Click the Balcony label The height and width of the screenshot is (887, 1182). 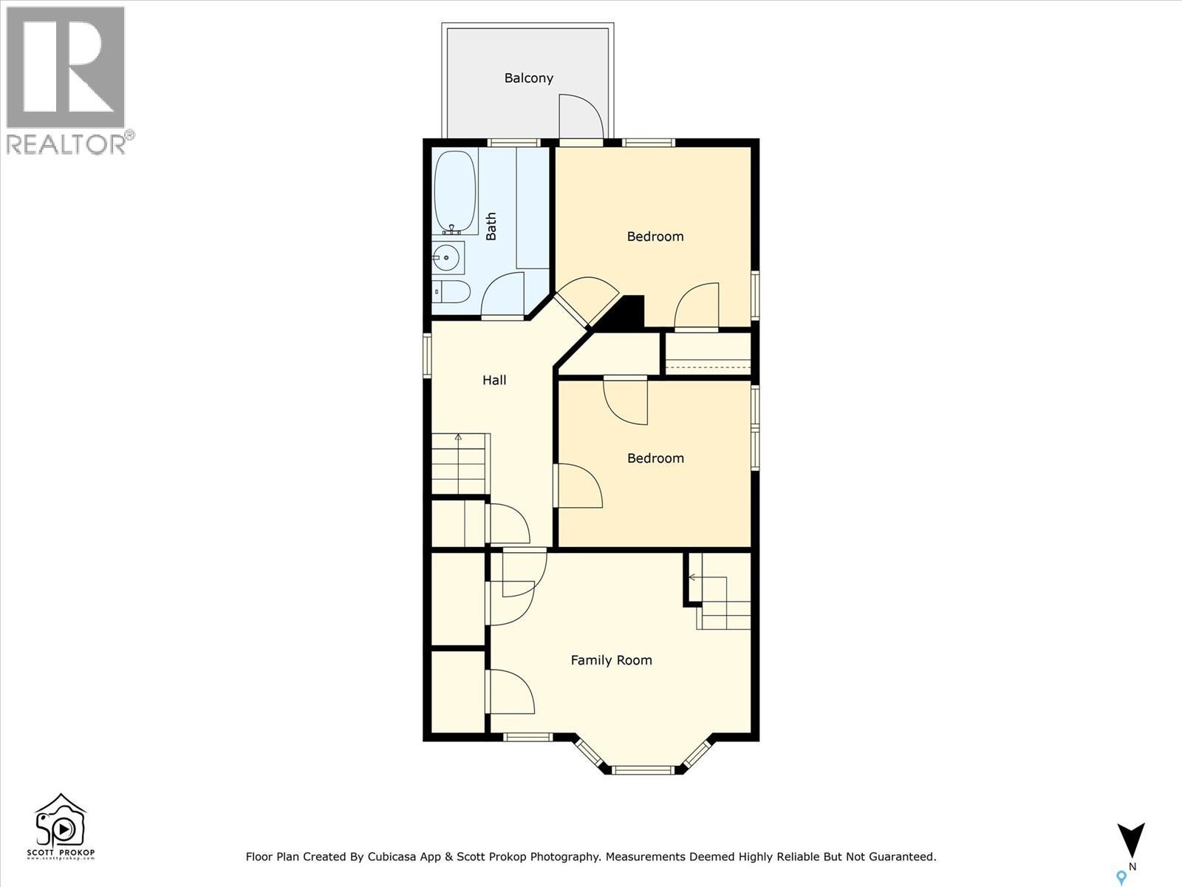pos(528,78)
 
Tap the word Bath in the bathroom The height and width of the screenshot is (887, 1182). pos(491,226)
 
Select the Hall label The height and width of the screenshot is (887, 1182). pos(494,380)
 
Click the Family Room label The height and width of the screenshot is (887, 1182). pos(611,660)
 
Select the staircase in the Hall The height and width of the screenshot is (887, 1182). pos(460,464)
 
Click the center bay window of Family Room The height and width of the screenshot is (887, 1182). pos(643,770)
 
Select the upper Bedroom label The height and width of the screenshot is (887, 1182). pos(655,237)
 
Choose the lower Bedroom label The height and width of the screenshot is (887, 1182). pos(655,458)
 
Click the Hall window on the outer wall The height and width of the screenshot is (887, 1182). pos(427,356)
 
